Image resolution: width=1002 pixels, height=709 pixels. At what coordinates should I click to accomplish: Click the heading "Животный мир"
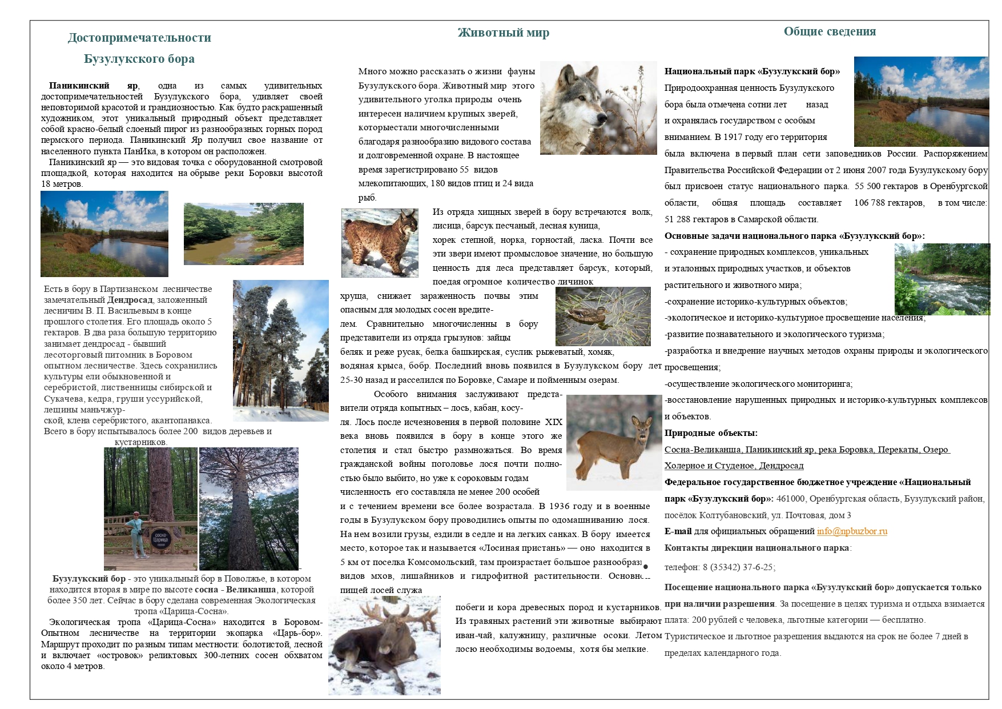(503, 33)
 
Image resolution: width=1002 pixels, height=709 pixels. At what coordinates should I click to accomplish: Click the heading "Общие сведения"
(829, 31)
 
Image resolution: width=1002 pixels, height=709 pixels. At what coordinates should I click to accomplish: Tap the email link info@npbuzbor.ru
(852, 531)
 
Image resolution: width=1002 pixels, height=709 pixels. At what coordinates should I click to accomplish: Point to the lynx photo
(380, 242)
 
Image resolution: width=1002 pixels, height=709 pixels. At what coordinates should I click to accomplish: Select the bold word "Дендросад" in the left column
(130, 300)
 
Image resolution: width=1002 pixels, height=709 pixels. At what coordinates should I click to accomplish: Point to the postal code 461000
(791, 499)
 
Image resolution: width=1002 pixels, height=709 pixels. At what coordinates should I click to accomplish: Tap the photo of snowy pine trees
(280, 350)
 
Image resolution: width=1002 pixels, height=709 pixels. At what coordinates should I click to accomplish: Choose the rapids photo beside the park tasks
(941, 279)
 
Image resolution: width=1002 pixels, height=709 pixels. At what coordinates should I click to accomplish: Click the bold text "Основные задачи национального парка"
(751, 236)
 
